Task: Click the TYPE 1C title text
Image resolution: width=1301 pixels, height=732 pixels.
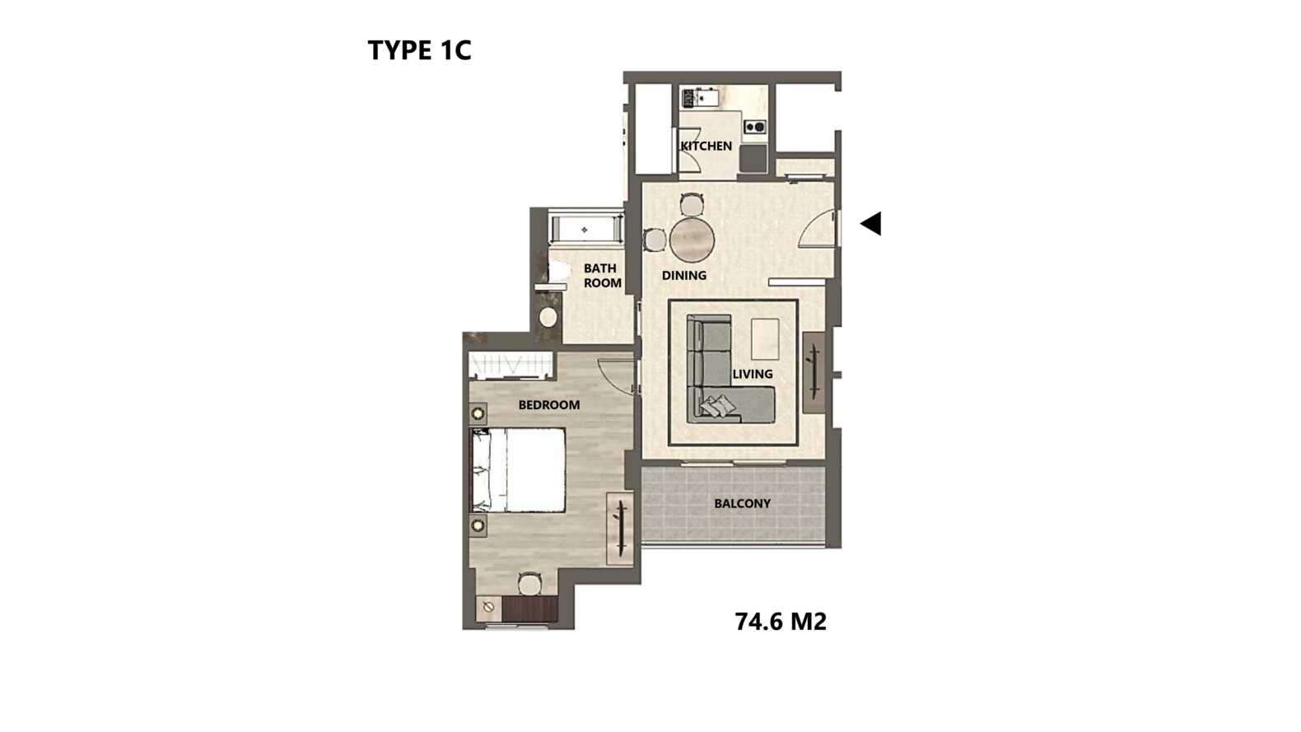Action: (x=419, y=50)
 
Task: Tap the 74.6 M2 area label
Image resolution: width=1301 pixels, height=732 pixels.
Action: (x=781, y=622)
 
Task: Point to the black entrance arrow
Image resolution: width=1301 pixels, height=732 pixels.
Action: (x=871, y=223)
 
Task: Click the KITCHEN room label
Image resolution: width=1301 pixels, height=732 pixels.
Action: (x=706, y=146)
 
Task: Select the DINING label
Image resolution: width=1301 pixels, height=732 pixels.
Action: (x=684, y=275)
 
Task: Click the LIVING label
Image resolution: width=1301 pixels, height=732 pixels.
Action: (x=752, y=374)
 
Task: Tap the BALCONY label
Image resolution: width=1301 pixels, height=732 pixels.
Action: (x=742, y=504)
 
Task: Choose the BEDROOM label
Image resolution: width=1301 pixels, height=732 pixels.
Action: (x=549, y=405)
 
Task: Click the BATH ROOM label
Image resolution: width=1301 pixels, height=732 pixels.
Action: (x=602, y=276)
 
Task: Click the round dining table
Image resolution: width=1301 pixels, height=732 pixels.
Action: (x=692, y=240)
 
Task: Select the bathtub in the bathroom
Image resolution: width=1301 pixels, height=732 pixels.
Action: (x=586, y=230)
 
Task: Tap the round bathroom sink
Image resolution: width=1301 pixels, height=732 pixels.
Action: (x=548, y=317)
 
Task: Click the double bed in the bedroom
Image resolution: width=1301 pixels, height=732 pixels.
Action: (x=517, y=471)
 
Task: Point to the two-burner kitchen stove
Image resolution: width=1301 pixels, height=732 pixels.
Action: (x=755, y=127)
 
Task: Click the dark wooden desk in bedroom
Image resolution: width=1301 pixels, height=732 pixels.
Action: (x=529, y=608)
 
